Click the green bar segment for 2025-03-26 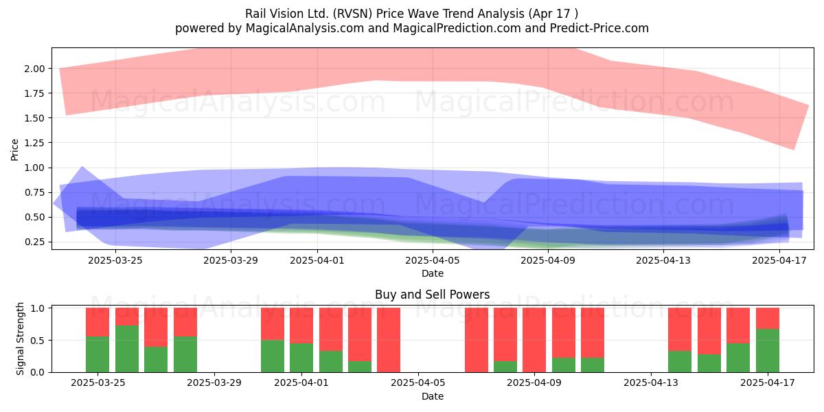click(127, 349)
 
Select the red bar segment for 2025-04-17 click(768, 318)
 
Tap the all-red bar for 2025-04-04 click(389, 340)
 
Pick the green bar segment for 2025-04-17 click(768, 351)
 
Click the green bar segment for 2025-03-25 click(98, 354)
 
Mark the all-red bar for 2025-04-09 click(534, 340)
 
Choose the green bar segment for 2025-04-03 click(360, 367)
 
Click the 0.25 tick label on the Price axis click(34, 242)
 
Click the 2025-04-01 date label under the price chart click(317, 260)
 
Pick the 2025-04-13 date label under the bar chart click(651, 383)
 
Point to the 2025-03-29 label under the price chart click(231, 260)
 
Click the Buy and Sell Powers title click(432, 295)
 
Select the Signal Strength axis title click(20, 339)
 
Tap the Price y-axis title click(14, 150)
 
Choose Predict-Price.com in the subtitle click(599, 28)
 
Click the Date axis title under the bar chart click(433, 396)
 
